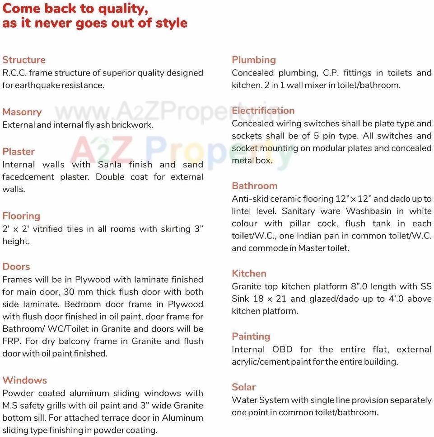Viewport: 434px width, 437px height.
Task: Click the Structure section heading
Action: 24,60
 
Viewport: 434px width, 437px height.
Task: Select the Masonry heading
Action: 22,112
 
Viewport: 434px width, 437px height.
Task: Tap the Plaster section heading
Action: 19,152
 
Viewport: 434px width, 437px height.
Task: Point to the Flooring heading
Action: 21,216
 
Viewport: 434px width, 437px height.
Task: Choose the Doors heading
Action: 16,267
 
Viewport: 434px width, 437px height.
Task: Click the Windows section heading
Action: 25,380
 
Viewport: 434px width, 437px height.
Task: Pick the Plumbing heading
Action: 254,60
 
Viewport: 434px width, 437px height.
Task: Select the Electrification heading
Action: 263,111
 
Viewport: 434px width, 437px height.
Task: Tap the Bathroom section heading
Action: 255,186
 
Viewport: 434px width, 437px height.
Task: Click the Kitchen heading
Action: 249,274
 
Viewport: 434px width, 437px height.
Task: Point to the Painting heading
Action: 251,337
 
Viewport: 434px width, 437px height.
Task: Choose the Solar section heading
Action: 244,387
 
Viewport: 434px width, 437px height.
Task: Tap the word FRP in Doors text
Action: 11,341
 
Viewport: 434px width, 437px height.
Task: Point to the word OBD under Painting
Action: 282,350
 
